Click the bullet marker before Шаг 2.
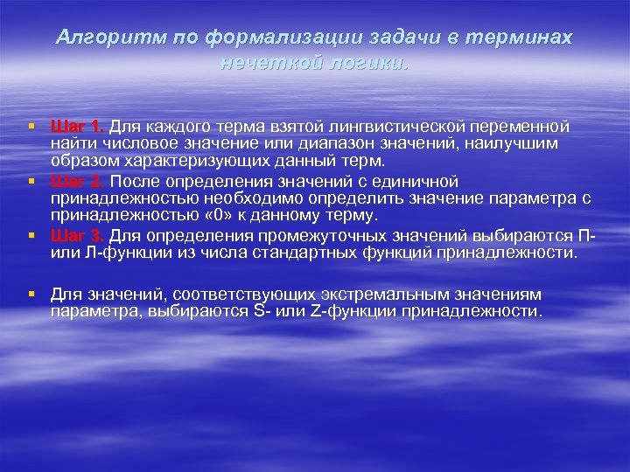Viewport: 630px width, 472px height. pyautogui.click(x=32, y=181)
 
